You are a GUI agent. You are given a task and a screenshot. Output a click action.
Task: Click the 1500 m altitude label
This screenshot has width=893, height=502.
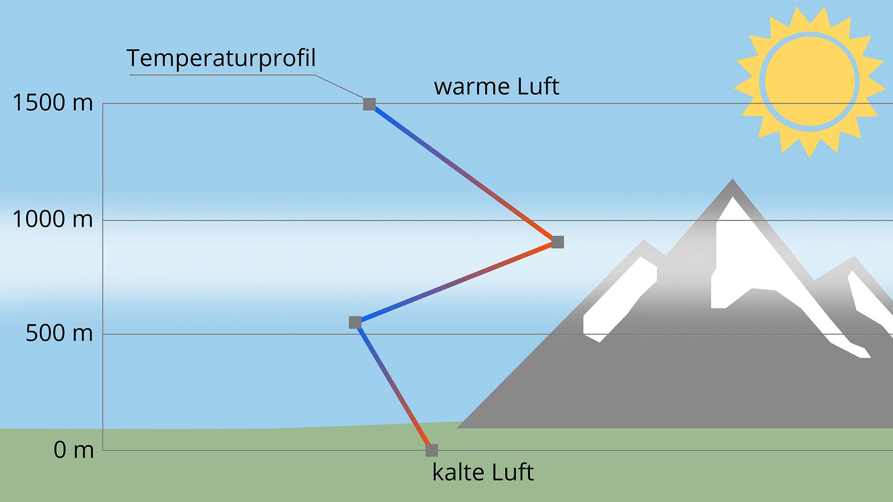point(52,103)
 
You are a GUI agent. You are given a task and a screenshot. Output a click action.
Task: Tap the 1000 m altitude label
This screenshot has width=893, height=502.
point(52,219)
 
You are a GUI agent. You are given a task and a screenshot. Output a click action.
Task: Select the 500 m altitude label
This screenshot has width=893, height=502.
point(59,333)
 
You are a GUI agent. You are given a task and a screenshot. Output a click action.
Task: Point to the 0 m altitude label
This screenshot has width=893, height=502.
point(73,449)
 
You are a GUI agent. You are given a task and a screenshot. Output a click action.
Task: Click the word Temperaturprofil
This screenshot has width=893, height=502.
point(221,58)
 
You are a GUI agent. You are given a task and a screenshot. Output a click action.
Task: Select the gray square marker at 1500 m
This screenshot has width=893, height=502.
point(369,104)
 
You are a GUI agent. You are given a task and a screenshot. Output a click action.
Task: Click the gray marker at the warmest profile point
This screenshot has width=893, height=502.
point(558,242)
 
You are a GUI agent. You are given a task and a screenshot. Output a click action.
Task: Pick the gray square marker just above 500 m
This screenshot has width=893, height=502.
point(355,322)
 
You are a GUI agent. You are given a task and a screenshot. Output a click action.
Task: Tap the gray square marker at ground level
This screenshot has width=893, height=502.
point(432,450)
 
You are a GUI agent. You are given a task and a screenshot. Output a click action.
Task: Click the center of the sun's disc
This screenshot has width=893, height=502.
point(810,81)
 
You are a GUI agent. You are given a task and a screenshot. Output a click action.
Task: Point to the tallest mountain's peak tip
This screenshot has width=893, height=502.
point(732,181)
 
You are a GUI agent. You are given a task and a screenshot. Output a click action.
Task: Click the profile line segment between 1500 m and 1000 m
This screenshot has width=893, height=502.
point(464,173)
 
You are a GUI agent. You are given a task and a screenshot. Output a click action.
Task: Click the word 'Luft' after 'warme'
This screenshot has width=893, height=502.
point(538,86)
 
